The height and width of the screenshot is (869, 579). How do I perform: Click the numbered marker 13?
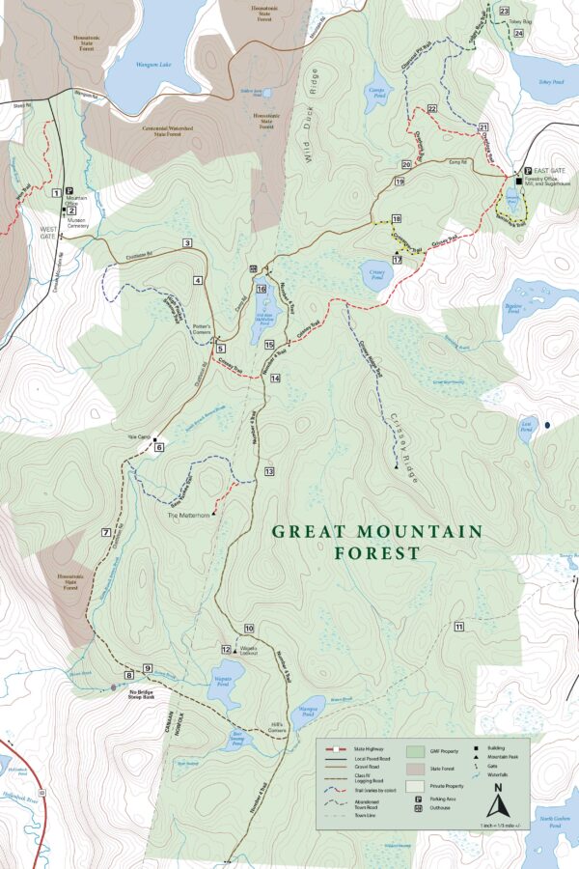pos(269,471)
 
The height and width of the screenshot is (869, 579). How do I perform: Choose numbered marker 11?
pos(459,628)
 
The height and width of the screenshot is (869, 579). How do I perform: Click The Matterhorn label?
pos(188,516)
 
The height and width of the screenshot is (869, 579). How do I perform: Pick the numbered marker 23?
pos(505,11)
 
